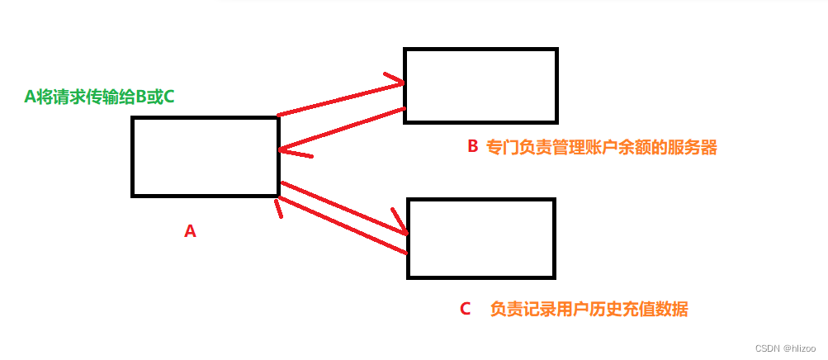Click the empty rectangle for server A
click(205, 157)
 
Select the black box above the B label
click(480, 86)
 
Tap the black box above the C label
click(480, 238)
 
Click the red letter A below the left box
click(190, 232)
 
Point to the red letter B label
click(473, 147)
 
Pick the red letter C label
click(465, 310)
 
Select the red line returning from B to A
click(343, 130)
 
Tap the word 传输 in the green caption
click(101, 97)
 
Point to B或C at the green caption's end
click(154, 97)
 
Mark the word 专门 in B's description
click(503, 148)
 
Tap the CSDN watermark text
click(768, 348)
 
